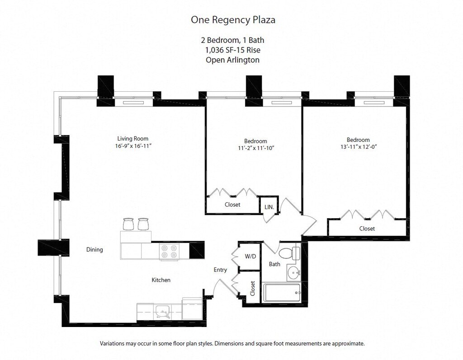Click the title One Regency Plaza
point(233,20)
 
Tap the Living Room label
point(132,139)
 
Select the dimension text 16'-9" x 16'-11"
point(132,146)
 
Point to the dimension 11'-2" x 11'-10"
point(255,148)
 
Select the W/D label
point(250,257)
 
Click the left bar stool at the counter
point(128,224)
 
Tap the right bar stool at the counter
point(143,224)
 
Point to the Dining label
point(94,249)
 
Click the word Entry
point(220,270)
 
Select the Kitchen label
point(161,280)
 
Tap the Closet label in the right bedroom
point(367,229)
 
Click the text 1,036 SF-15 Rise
point(233,50)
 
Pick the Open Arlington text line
point(233,60)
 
